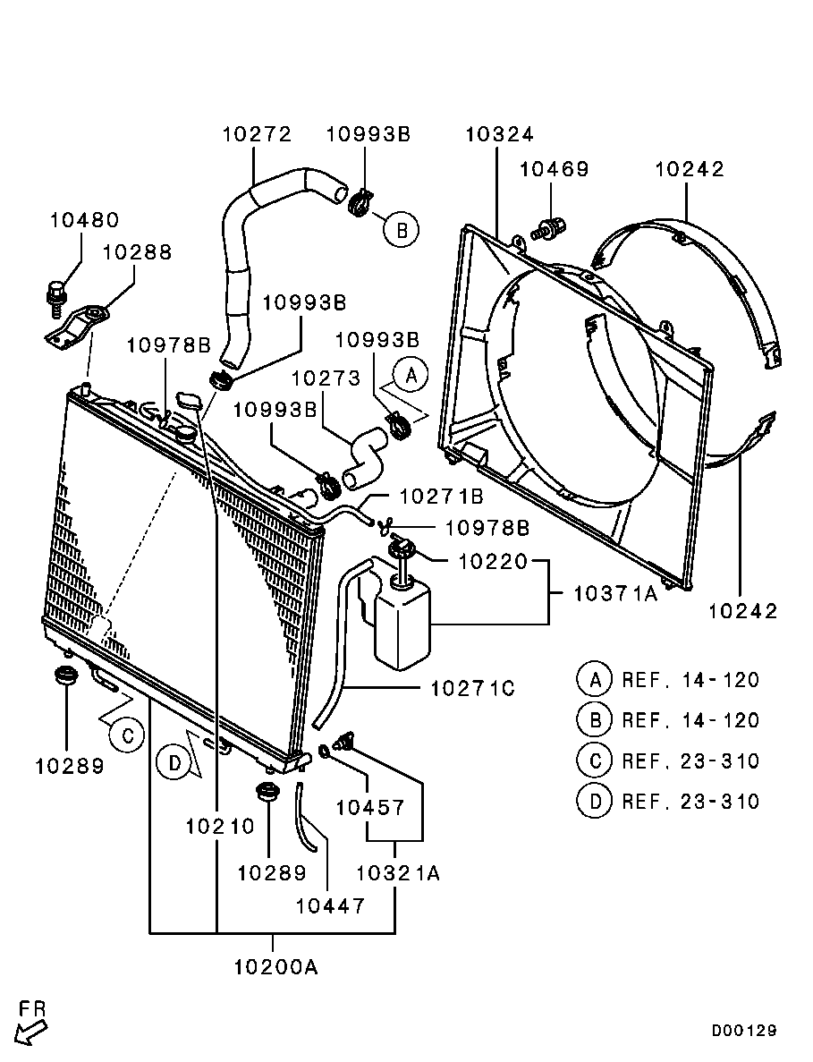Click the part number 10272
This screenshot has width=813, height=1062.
click(258, 134)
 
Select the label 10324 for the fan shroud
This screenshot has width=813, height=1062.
click(500, 134)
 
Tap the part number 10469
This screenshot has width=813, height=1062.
click(555, 168)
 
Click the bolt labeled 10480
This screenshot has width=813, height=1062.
click(55, 297)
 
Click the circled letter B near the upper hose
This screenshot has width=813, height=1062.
click(402, 230)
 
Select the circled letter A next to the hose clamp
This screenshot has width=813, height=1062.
click(411, 376)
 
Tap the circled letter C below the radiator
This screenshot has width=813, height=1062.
click(127, 735)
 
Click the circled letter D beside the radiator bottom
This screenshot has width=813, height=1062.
click(174, 764)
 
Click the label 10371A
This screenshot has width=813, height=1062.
click(615, 593)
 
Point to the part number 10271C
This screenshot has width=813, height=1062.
click(472, 689)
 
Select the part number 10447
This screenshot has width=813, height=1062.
click(330, 905)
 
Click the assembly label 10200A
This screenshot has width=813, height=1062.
click(275, 967)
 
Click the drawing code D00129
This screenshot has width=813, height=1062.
click(744, 1031)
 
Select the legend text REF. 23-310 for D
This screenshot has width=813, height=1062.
click(690, 802)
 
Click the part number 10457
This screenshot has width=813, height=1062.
click(370, 807)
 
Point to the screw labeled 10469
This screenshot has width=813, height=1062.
click(550, 228)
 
